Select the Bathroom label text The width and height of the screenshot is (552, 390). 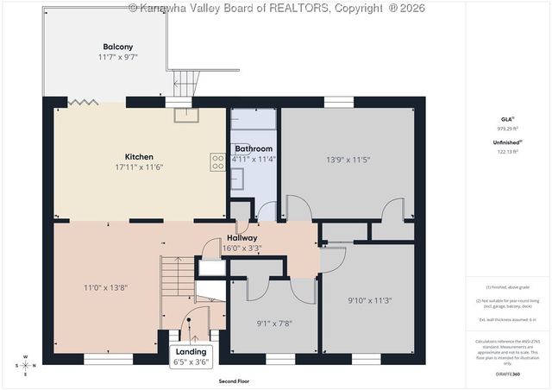click(x=254, y=149)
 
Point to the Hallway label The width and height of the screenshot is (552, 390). click(x=242, y=237)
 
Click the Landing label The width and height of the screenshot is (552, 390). click(x=191, y=352)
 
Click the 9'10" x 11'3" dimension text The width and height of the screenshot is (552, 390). click(x=369, y=300)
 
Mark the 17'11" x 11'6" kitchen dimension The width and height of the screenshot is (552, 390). click(x=141, y=167)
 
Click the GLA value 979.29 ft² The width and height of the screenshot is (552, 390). click(x=507, y=127)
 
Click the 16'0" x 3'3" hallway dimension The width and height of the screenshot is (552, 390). click(x=242, y=248)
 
